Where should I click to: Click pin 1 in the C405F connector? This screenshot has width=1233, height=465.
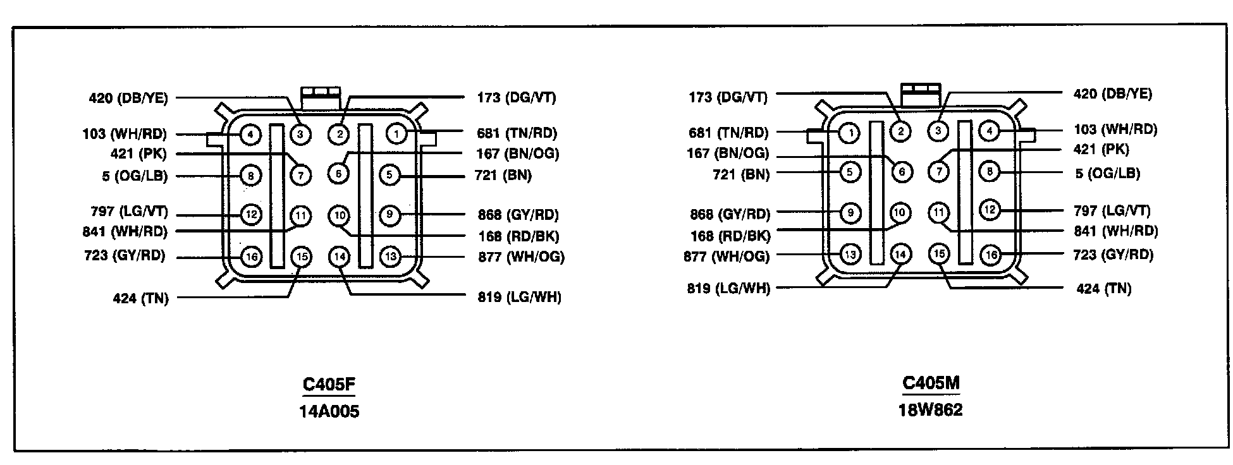tap(396, 134)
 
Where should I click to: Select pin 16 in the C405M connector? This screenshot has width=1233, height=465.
tap(990, 255)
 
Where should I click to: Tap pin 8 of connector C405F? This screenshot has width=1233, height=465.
tap(251, 175)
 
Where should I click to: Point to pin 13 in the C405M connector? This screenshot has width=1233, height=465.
tap(850, 255)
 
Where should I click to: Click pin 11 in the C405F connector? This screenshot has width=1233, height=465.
tap(301, 216)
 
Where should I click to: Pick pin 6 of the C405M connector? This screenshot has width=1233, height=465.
tap(902, 171)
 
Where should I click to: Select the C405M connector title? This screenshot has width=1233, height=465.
tap(930, 383)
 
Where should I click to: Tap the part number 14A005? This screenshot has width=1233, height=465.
tap(329, 412)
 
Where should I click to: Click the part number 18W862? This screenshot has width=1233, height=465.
tap(930, 410)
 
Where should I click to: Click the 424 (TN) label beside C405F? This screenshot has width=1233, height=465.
tap(140, 298)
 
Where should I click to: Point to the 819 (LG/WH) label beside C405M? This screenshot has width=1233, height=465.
tap(728, 289)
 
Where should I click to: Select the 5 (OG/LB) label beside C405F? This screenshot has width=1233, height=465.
tap(135, 176)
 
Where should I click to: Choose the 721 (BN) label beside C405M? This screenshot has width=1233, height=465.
tap(741, 174)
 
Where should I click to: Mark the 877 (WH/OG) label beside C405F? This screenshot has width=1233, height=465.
tap(521, 257)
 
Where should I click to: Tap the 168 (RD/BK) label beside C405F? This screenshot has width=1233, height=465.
tap(518, 236)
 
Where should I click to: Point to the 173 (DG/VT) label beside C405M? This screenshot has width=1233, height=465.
tap(728, 97)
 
